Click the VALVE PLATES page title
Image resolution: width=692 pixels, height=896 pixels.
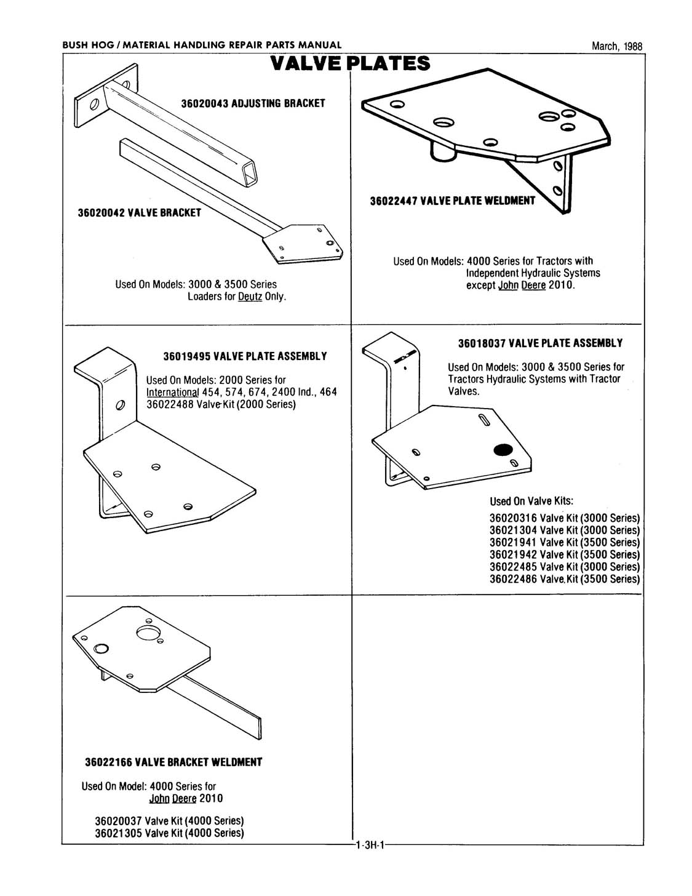point(350,63)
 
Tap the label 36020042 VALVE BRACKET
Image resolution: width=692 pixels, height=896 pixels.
point(139,213)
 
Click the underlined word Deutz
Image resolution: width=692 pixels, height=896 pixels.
point(250,297)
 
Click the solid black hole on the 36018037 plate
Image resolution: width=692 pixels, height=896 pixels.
point(503,450)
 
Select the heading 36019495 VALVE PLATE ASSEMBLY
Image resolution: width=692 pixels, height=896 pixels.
point(245,356)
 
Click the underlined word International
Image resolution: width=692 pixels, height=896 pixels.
point(172,393)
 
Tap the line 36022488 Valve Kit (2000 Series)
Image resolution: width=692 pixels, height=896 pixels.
point(221,404)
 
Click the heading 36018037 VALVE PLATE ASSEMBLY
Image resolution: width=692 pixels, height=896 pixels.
point(540,343)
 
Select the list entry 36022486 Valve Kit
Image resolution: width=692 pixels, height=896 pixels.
point(564,579)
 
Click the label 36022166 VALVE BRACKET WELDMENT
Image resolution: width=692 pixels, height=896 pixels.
point(173,762)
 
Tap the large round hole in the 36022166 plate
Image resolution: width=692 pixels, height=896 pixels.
point(148,633)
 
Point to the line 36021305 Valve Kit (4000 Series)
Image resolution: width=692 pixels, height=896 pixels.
point(169,833)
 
